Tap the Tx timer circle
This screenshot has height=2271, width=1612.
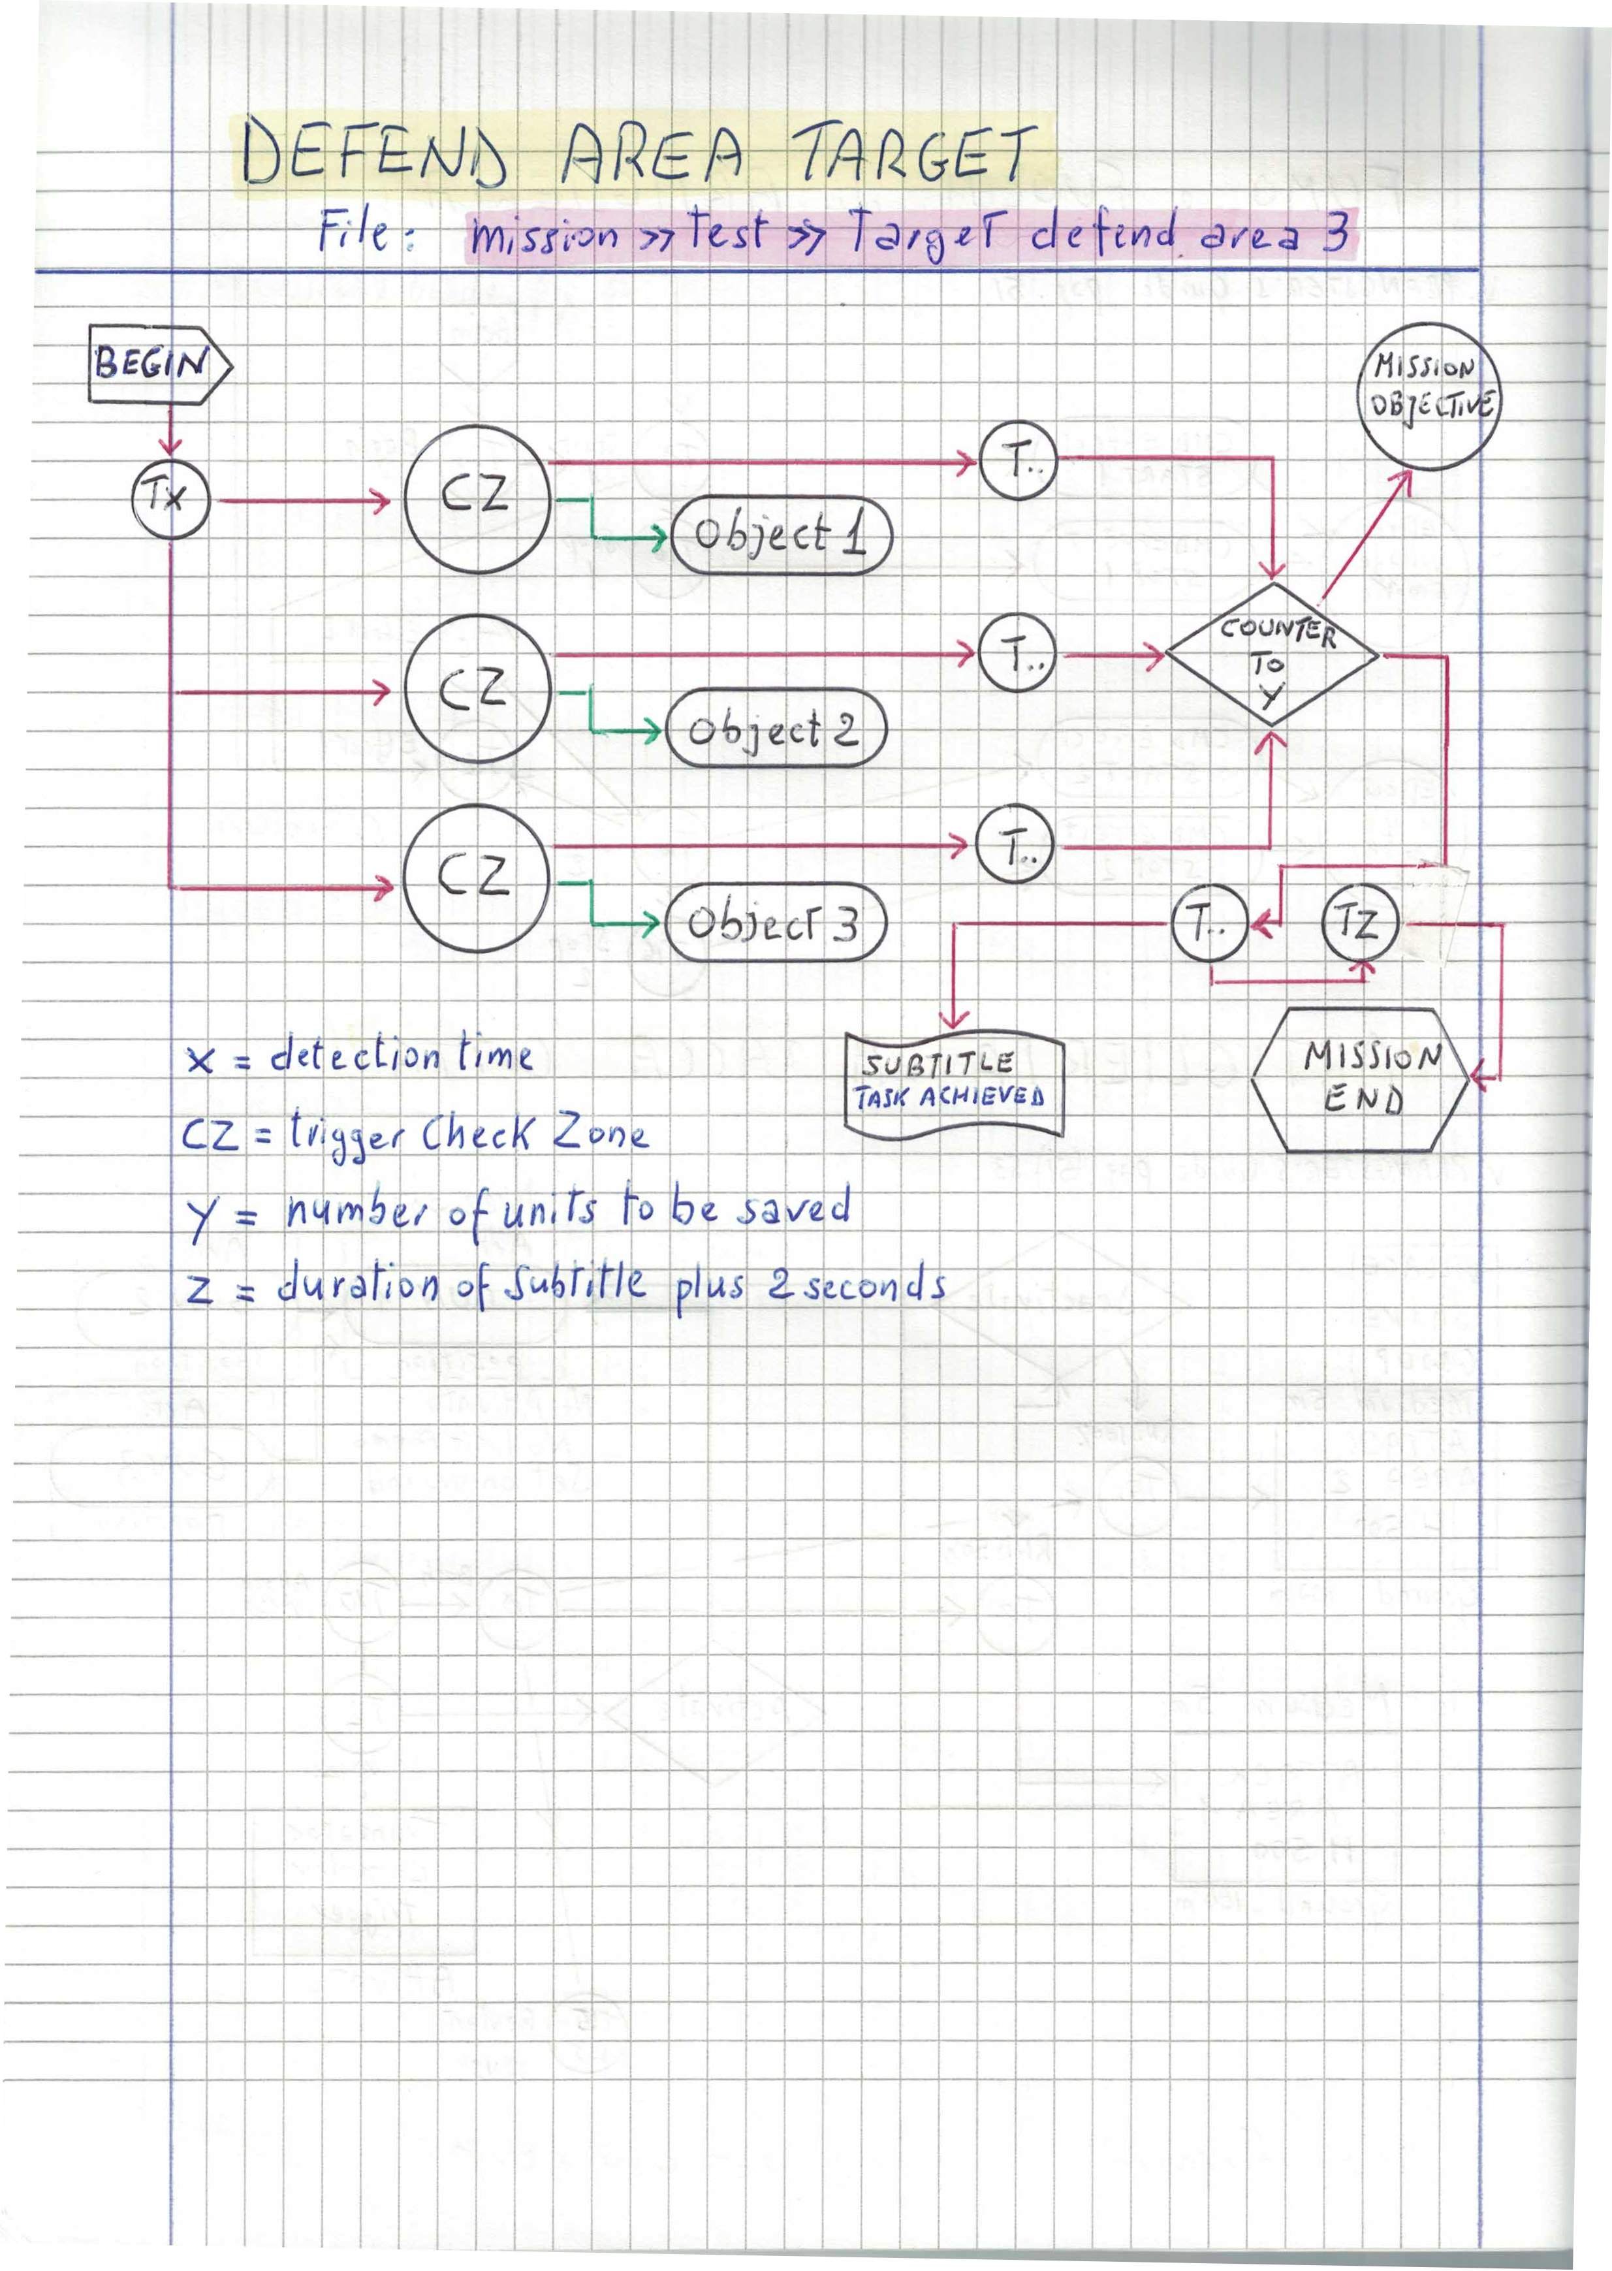170,498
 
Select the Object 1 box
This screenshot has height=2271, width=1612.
781,535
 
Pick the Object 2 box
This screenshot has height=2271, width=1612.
775,729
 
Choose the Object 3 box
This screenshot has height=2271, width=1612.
775,923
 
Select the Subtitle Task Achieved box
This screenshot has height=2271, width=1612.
953,1082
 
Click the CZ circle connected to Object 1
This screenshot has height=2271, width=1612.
477,498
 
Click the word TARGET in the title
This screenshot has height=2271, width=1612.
913,154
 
